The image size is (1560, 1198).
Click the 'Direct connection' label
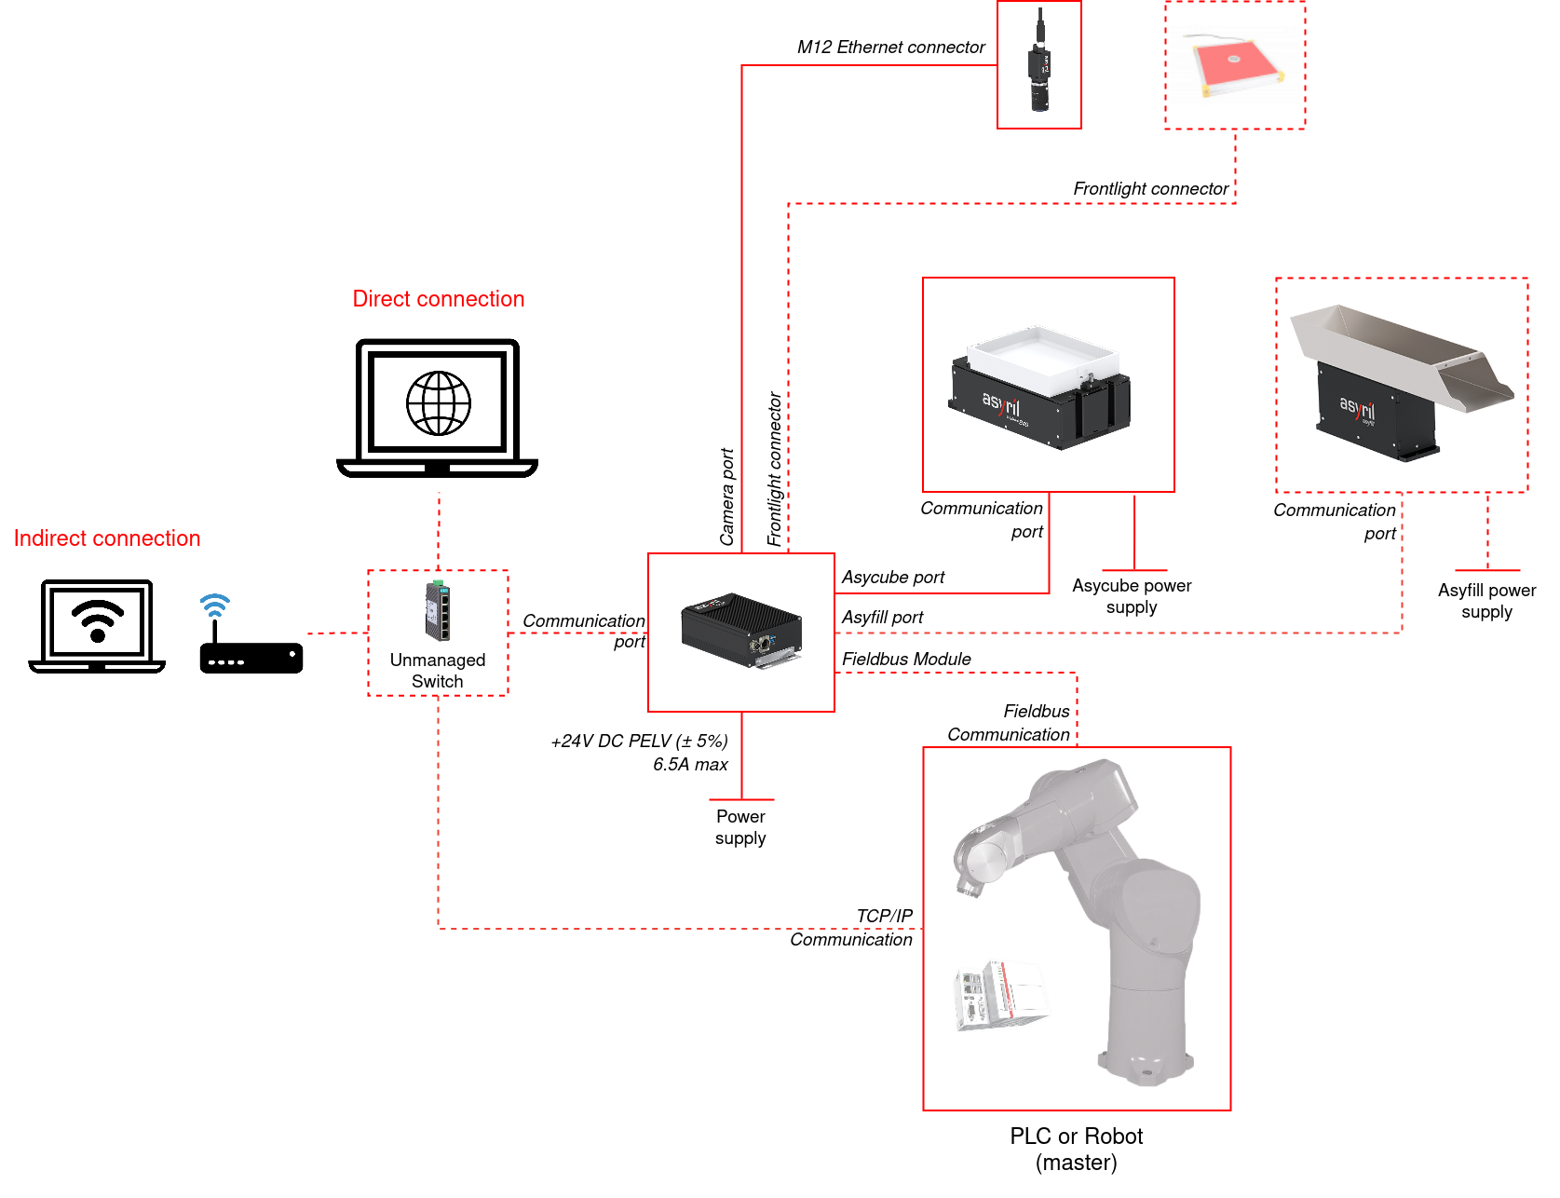tap(439, 299)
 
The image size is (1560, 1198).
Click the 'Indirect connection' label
tap(107, 538)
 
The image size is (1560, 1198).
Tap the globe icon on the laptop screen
tap(439, 403)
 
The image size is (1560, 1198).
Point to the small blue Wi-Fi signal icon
tap(214, 606)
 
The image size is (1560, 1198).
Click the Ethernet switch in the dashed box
tap(438, 611)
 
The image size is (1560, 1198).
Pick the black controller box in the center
tap(741, 630)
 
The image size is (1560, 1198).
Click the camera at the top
tap(1039, 67)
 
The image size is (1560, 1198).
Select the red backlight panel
tap(1233, 63)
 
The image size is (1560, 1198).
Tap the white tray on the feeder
tap(1042, 354)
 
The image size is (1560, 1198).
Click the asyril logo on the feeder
tap(1001, 403)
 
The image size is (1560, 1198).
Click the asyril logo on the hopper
tap(1357, 407)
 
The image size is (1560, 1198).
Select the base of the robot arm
tap(1145, 1067)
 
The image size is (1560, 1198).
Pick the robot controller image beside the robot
tap(1001, 995)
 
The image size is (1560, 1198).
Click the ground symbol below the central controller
tap(741, 798)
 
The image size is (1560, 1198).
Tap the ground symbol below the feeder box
tap(1134, 569)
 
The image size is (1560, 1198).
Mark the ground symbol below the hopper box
tap(1487, 569)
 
